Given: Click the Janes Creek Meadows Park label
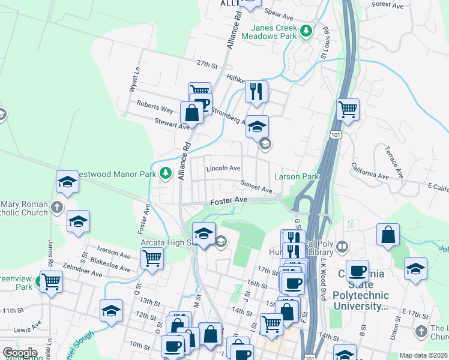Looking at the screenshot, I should click(270, 32).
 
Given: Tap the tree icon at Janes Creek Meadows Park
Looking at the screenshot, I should click(307, 30).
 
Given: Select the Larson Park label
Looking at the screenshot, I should click(297, 176).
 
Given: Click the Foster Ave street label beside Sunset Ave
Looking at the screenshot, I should click(229, 199).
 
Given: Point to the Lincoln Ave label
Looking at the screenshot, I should click(223, 169).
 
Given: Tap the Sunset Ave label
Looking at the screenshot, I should click(256, 187).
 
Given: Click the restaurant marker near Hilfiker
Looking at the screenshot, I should click(256, 92).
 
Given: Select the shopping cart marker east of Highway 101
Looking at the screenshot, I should click(348, 109).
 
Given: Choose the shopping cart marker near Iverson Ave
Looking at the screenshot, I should click(152, 259).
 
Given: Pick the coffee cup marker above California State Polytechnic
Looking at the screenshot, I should click(358, 271).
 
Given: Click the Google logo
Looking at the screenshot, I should click(20, 353).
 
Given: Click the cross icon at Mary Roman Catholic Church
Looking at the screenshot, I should click(56, 208).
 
